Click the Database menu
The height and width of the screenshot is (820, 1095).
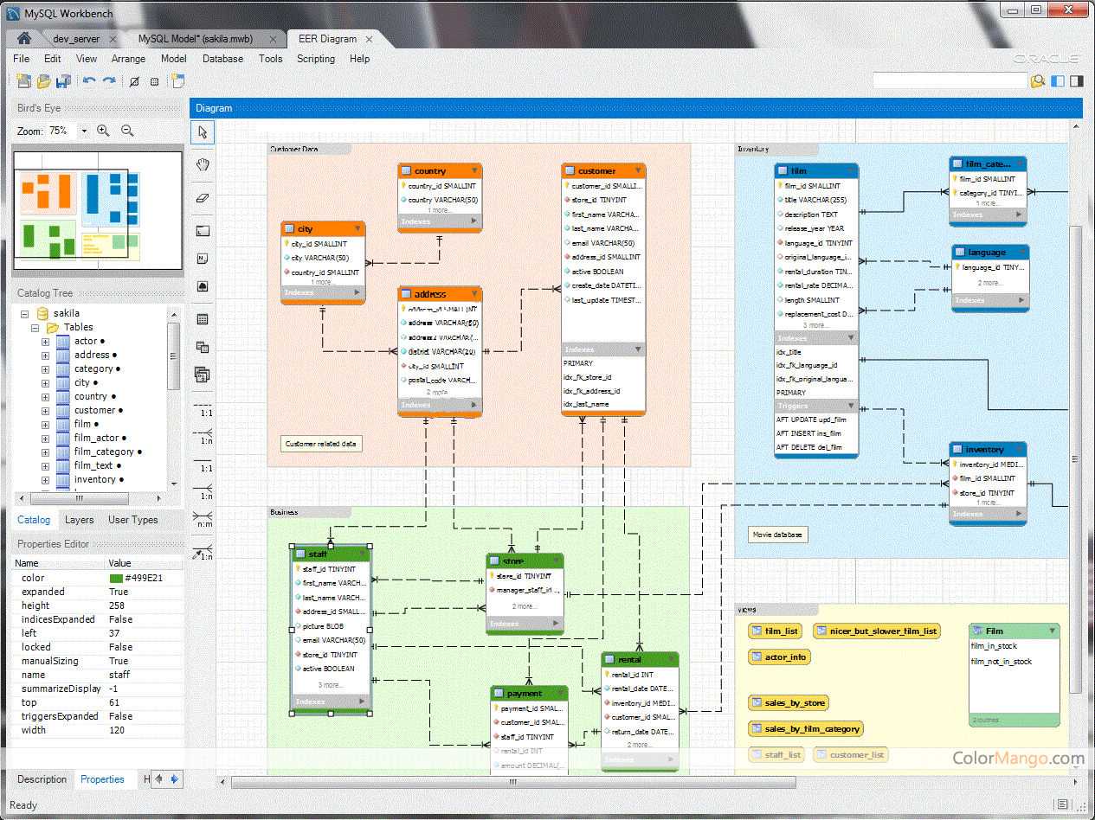(222, 59)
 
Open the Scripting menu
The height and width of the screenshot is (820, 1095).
(315, 59)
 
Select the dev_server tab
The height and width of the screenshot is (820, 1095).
(75, 39)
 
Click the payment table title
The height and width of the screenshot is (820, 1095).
(525, 694)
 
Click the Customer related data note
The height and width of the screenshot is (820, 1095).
(321, 444)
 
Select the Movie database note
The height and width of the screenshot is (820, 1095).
(777, 535)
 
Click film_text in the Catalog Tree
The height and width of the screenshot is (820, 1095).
(93, 465)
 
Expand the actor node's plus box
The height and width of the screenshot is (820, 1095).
(45, 342)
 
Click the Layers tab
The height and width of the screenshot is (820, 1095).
(79, 520)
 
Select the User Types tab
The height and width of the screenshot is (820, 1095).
(132, 520)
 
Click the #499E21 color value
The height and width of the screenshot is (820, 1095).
(143, 578)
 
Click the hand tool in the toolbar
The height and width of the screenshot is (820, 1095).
(203, 164)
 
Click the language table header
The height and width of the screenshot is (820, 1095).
(987, 253)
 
